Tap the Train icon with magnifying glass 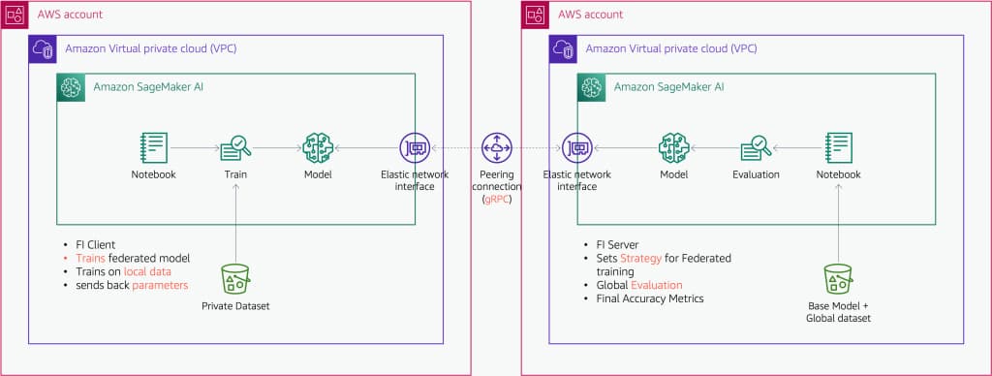click(235, 147)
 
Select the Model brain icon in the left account click(318, 147)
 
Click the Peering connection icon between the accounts click(497, 148)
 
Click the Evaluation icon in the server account click(756, 147)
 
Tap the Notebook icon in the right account click(839, 147)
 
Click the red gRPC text click(497, 199)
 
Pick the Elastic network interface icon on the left click(416, 148)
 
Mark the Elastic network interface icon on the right click(578, 148)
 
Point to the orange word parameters click(160, 285)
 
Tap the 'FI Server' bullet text click(616, 245)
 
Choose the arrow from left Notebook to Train click(194, 148)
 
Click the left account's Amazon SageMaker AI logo click(72, 87)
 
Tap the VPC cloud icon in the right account click(564, 49)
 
